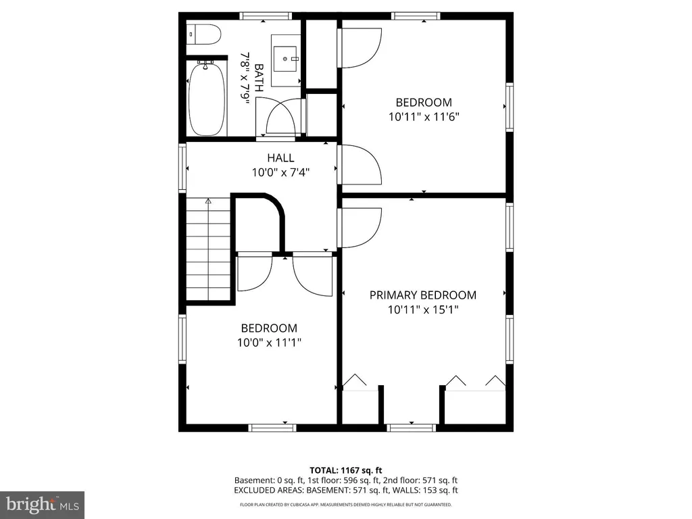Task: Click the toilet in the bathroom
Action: click(x=203, y=34)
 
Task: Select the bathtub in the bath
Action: click(x=207, y=99)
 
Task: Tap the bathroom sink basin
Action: click(x=286, y=59)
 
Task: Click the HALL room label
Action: click(x=280, y=157)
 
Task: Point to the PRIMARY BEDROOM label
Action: click(x=423, y=295)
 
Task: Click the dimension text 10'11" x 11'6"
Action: click(x=424, y=117)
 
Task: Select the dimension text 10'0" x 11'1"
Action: click(x=269, y=343)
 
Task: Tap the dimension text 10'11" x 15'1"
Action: click(x=423, y=310)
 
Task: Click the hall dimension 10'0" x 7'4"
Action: click(x=280, y=172)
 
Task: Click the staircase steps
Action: click(x=208, y=249)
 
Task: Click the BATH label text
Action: click(x=259, y=78)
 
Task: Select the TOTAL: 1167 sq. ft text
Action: click(x=345, y=470)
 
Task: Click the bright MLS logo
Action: click(x=43, y=504)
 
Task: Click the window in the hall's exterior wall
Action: click(x=182, y=168)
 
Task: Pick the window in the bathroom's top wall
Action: click(x=266, y=16)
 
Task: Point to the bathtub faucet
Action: click(x=205, y=66)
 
